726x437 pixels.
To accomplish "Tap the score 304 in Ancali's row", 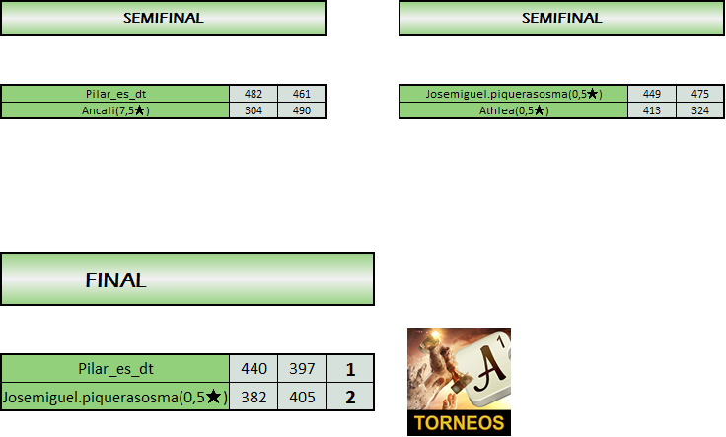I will click(254, 110).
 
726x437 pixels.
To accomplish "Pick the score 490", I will click(302, 110).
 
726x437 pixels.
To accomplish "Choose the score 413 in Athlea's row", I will click(652, 110).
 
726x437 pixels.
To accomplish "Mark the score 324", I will click(700, 110).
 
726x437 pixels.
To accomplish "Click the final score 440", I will click(254, 368).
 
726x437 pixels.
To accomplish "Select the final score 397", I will click(302, 368).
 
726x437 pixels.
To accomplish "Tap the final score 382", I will click(254, 397).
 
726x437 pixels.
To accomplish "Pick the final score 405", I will click(302, 397).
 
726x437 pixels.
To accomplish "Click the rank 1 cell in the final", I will click(350, 368).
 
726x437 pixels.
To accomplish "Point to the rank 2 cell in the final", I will click(350, 397).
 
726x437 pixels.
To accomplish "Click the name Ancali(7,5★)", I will click(115, 110).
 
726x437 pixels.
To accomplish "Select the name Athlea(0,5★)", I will click(514, 110).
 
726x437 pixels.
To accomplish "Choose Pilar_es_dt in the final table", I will click(115, 368).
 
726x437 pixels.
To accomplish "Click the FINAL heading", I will click(116, 280).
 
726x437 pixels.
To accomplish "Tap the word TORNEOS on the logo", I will click(459, 424).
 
